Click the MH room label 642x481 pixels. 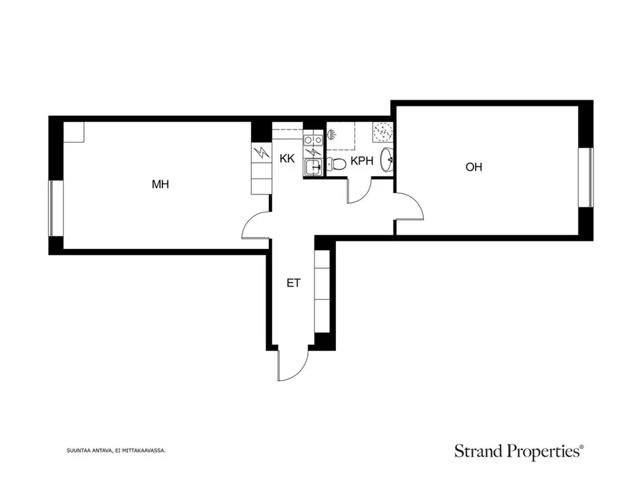click(160, 184)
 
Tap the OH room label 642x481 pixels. click(474, 167)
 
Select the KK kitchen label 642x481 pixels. click(287, 159)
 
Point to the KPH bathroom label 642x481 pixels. click(362, 161)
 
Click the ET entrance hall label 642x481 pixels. click(293, 283)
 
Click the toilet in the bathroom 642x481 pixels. click(336, 164)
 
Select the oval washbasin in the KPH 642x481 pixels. click(386, 160)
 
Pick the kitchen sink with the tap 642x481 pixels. click(314, 167)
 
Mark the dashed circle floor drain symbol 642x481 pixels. click(383, 131)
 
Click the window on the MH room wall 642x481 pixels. click(51, 209)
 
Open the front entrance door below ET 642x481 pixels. click(292, 364)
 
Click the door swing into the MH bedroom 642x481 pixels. click(256, 225)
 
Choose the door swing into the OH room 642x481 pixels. click(409, 206)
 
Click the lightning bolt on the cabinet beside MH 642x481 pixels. click(261, 153)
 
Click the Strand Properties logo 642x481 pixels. click(519, 452)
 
